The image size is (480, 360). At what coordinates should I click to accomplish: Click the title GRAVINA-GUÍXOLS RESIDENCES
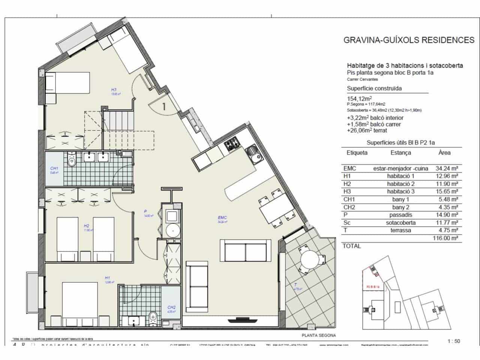point(409,40)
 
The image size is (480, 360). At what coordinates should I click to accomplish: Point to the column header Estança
point(400,153)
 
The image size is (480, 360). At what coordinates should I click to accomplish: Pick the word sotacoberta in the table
point(400,223)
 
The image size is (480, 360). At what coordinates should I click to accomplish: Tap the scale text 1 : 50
point(453,341)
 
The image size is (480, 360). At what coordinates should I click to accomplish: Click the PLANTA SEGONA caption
point(318,336)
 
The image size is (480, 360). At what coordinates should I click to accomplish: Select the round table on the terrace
point(310,259)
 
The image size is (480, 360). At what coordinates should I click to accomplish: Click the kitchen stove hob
point(232,144)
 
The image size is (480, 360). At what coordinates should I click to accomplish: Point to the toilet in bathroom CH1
point(72,160)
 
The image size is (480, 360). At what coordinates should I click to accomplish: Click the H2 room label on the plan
point(86,226)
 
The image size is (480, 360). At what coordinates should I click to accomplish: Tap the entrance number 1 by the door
point(164,106)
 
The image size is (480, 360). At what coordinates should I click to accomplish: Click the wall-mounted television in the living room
point(243,320)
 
